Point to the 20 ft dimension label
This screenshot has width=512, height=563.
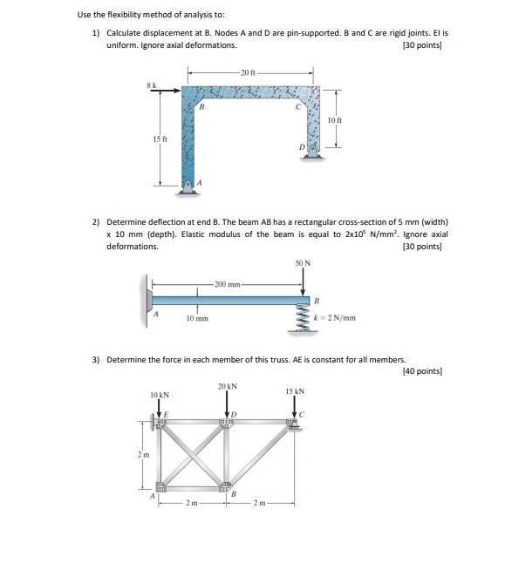point(249,71)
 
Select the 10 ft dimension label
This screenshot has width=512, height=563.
point(334,119)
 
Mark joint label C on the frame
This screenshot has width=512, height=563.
point(299,108)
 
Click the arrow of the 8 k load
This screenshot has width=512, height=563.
point(170,89)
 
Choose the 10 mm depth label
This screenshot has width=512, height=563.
point(197,319)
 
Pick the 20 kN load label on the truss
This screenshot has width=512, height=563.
point(228,385)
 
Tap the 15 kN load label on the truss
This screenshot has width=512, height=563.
point(295,390)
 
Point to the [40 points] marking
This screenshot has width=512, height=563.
point(422,371)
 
